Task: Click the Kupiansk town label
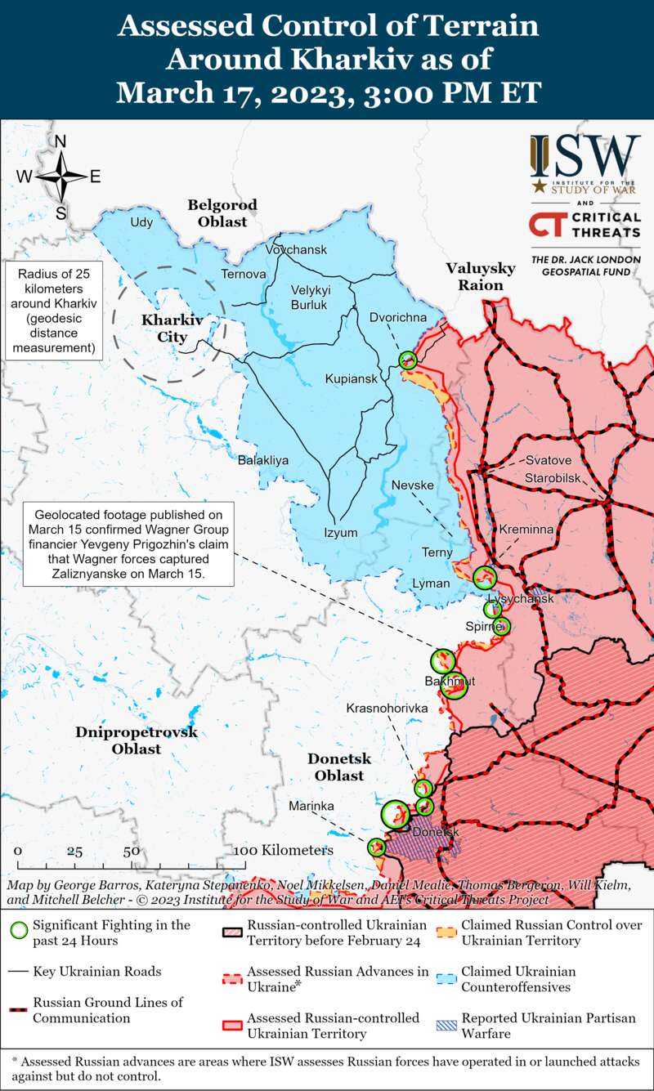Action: [x=351, y=379]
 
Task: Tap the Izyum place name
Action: [x=341, y=533]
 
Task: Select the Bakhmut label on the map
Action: [x=444, y=681]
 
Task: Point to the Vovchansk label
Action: [x=296, y=249]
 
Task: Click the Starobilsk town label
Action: [x=553, y=475]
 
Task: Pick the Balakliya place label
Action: [x=263, y=460]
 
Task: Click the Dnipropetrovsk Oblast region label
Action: [x=137, y=740]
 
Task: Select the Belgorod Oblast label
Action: [x=222, y=212]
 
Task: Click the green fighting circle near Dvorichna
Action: [x=408, y=360]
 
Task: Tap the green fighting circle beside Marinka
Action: [x=377, y=847]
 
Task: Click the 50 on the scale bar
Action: [x=132, y=851]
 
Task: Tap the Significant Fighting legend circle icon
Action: [x=18, y=931]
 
